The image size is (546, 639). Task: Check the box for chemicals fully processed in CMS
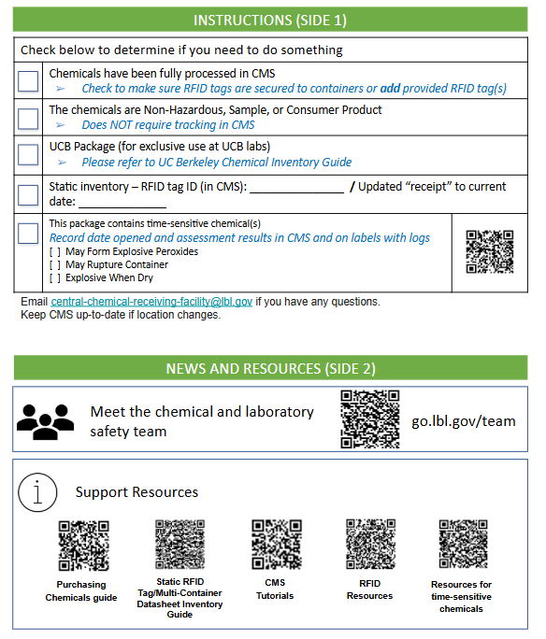tap(28, 81)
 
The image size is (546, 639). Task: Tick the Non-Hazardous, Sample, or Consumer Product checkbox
tap(28, 119)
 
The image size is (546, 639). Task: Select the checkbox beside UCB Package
tap(28, 155)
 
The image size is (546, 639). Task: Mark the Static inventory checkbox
tap(28, 195)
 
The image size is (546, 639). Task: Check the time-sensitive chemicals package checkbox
tap(28, 234)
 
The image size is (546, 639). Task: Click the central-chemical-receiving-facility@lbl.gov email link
tap(151, 302)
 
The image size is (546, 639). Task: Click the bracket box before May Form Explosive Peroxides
tap(55, 252)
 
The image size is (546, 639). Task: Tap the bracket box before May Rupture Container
tap(55, 265)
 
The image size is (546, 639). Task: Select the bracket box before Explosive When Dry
tap(55, 278)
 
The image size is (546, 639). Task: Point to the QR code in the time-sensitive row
tap(490, 251)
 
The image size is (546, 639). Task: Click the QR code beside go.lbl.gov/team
tap(370, 419)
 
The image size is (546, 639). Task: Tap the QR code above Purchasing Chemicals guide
tap(83, 546)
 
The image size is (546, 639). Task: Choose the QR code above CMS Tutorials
tap(277, 544)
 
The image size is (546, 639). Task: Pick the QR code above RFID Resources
tap(370, 544)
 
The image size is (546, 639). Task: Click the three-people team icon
tap(45, 421)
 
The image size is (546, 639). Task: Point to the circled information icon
tap(37, 492)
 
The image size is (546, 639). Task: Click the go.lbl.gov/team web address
tap(463, 421)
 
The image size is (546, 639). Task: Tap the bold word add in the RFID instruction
tap(390, 89)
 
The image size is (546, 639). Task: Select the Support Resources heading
tap(136, 492)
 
